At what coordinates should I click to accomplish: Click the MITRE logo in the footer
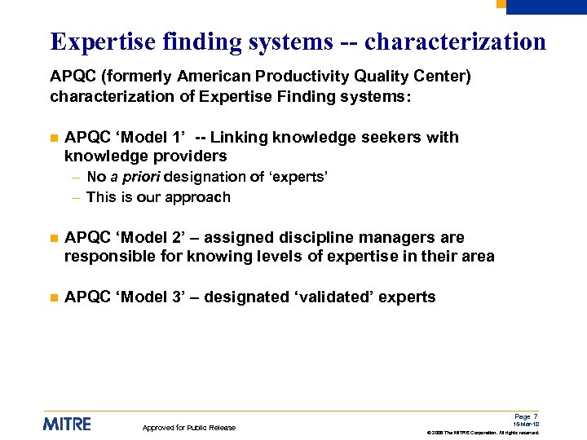pos(67,424)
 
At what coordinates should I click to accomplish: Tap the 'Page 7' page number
pos(529,416)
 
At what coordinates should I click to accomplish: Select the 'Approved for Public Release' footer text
pos(189,428)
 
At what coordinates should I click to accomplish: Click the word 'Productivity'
pos(304,77)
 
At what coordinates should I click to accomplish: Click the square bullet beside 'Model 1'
pos(54,139)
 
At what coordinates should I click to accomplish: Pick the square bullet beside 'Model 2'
pos(54,239)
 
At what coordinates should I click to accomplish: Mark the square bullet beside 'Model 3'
pos(54,298)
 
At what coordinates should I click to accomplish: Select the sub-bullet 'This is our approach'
pos(158,197)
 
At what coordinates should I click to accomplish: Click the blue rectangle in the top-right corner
pos(546,7)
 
